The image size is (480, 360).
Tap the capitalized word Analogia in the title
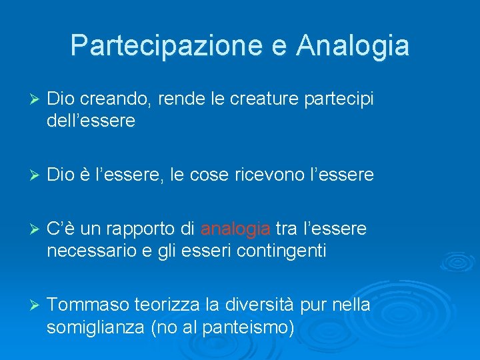tap(353, 45)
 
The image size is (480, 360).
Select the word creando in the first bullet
tap(116, 99)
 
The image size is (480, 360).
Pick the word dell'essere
tap(91, 121)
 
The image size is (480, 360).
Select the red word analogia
tap(235, 229)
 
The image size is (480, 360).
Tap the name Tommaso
tap(88, 305)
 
